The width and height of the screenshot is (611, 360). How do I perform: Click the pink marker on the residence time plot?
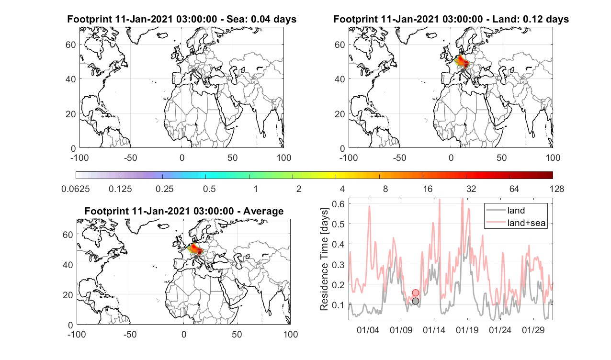coord(416,292)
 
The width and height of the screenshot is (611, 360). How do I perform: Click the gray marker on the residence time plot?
coord(416,301)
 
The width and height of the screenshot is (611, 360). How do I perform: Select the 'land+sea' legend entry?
coord(516,223)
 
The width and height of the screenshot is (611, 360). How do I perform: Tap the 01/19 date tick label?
coord(467,330)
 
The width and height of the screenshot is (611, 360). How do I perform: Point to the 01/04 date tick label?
coord(368,330)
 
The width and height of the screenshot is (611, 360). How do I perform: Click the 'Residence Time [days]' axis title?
coord(324,259)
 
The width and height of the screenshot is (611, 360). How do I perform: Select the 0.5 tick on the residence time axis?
coord(338,224)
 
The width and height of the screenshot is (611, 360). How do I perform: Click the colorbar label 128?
coord(557,189)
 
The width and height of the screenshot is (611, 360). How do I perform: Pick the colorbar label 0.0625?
coord(76,189)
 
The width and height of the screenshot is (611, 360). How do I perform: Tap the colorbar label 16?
coord(428,189)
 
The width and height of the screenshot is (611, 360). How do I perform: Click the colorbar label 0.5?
coord(209,189)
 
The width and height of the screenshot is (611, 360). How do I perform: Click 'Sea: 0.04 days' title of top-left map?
coord(261,19)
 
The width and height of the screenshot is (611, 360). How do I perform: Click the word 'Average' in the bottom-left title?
coord(263,212)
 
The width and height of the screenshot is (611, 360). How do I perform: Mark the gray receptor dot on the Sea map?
coord(193,71)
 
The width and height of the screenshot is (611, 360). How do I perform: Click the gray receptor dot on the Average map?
coord(196,257)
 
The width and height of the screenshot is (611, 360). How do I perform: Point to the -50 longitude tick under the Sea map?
coord(130,157)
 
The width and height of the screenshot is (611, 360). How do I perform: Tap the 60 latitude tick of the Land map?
coord(340,45)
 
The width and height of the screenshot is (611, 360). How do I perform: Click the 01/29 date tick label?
coord(533,330)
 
